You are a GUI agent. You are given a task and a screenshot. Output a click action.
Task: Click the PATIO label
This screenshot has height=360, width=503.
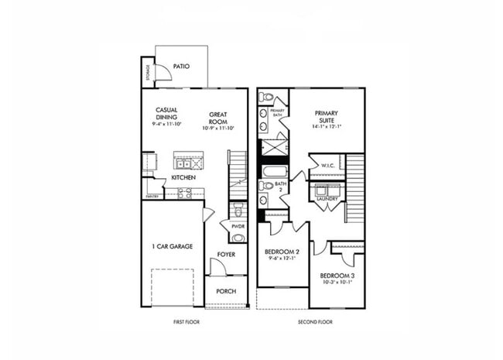click(x=181, y=67)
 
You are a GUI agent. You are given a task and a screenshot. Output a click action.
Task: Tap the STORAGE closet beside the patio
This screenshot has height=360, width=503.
click(x=148, y=72)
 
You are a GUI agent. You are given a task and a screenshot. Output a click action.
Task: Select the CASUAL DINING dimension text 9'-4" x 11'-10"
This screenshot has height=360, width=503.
click(x=166, y=124)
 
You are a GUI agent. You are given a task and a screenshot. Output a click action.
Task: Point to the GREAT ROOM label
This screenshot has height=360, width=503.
click(x=217, y=118)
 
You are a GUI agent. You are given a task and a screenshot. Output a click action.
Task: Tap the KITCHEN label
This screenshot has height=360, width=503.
click(x=183, y=177)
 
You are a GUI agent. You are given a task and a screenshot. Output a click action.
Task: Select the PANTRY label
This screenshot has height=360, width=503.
click(x=152, y=197)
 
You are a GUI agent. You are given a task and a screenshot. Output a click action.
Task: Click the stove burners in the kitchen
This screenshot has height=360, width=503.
click(x=185, y=193)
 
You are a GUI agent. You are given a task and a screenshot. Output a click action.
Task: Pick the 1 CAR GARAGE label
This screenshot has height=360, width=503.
click(x=172, y=246)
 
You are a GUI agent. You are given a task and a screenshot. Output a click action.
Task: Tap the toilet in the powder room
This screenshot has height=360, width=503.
click(x=238, y=210)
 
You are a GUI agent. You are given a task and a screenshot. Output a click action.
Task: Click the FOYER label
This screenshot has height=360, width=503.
click(x=226, y=254)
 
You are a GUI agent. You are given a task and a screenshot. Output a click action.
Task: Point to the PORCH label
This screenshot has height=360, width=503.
click(x=226, y=291)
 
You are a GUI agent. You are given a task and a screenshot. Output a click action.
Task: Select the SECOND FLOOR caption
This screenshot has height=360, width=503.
click(x=315, y=321)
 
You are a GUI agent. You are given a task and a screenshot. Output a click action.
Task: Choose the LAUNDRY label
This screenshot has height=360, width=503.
click(x=327, y=199)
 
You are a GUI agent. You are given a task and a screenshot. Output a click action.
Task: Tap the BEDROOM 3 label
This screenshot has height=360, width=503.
click(x=337, y=276)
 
